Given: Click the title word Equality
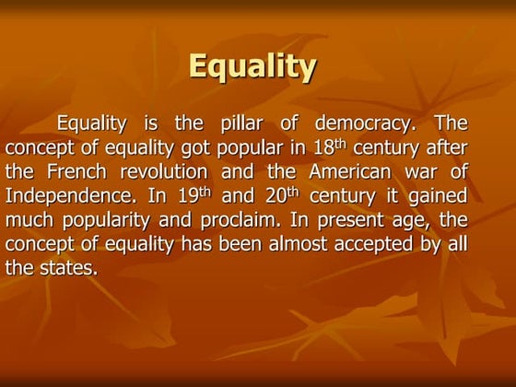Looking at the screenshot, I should point(252,67).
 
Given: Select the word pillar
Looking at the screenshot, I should point(248,123).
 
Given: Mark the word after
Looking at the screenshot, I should point(443,147).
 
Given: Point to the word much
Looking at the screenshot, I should point(29,220).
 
